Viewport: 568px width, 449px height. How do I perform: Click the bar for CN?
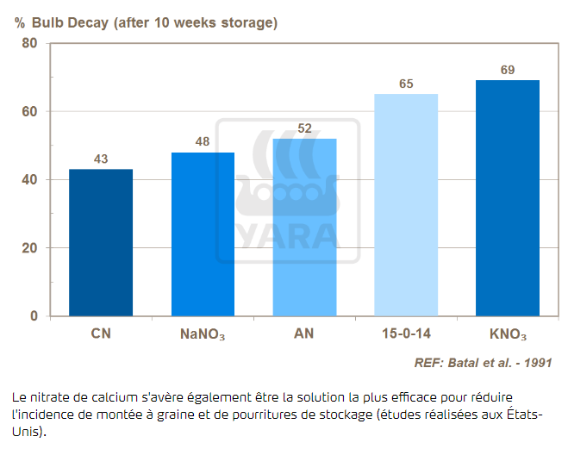point(101,243)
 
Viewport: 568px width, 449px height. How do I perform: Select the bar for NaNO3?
point(203,234)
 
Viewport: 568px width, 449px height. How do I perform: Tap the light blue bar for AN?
point(304,228)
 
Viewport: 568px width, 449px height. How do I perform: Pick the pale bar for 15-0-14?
point(406,205)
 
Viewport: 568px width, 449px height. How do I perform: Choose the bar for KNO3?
point(508,198)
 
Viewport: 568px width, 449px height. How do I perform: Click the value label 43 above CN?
point(101,159)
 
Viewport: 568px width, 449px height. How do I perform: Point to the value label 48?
point(203,142)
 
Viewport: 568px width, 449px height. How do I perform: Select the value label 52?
point(304,128)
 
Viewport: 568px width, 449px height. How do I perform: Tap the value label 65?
point(406,84)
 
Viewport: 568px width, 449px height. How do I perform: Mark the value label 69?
point(508,70)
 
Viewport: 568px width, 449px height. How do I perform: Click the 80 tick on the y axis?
point(30,43)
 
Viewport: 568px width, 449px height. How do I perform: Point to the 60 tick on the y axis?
point(30,111)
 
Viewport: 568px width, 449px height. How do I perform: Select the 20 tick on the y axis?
point(30,248)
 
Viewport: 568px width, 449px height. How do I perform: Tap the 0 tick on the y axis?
point(34,316)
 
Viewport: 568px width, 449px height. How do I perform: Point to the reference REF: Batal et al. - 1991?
point(483,363)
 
